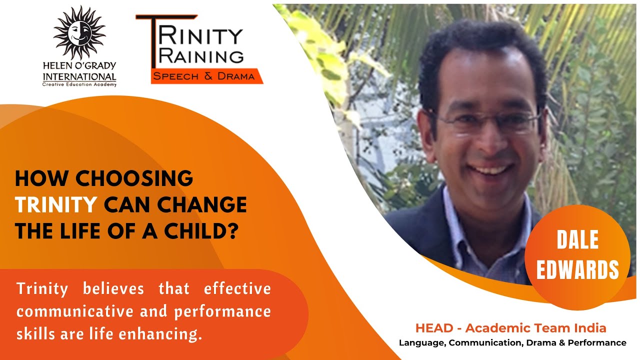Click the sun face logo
(79, 33)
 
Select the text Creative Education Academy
(79, 84)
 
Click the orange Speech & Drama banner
(204, 76)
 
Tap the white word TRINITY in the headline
(56, 204)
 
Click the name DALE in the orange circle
(577, 241)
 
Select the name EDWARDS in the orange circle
(577, 269)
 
